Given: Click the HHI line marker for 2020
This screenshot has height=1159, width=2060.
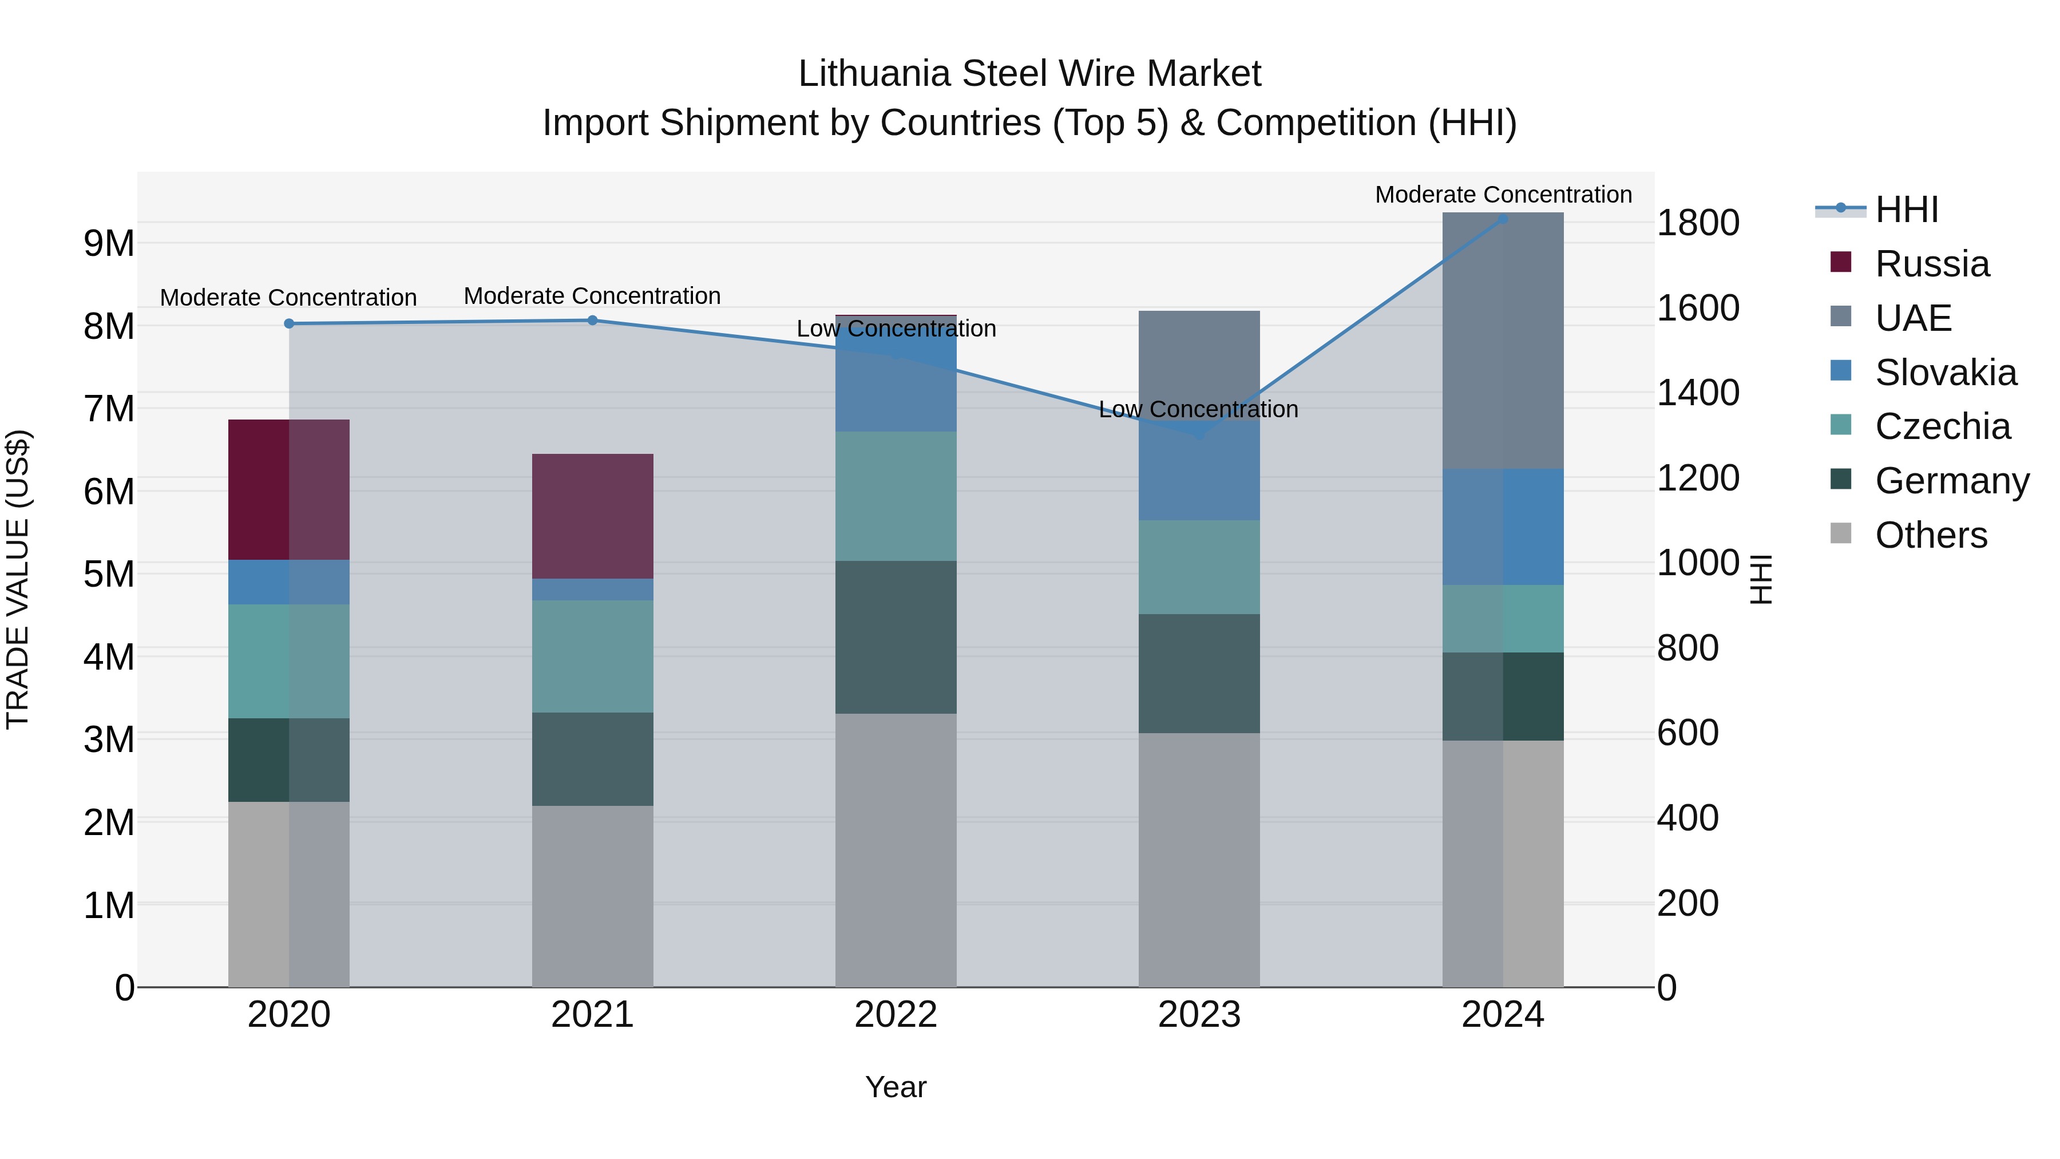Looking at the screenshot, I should [289, 324].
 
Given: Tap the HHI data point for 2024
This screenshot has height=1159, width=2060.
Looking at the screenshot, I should [1503, 219].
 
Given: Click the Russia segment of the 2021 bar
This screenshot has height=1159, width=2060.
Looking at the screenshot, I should [593, 516].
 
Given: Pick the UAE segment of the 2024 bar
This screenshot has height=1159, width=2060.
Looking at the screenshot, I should [1503, 341].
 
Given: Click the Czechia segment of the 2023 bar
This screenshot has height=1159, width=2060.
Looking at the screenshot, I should [1199, 567].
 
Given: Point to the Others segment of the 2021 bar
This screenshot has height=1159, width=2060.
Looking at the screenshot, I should [593, 896].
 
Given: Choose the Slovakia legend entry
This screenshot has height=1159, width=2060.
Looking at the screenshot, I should [1945, 373].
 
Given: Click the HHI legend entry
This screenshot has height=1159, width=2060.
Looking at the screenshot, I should [1907, 209].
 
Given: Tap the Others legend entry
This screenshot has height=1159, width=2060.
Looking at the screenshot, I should [1931, 535].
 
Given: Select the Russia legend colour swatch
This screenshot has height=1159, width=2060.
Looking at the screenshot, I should [1840, 262].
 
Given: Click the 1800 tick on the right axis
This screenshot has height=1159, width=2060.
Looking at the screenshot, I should [1697, 223].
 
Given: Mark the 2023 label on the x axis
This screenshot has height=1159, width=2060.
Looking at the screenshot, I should [1199, 1015].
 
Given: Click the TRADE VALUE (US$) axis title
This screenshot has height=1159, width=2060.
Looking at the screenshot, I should [18, 580].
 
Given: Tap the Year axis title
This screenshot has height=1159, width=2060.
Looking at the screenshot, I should [896, 1087].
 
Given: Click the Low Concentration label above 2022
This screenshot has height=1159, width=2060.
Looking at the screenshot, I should [896, 329].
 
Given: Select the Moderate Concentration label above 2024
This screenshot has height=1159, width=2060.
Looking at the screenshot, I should [1503, 195].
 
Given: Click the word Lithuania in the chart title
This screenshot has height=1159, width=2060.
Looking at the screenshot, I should [875, 74].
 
